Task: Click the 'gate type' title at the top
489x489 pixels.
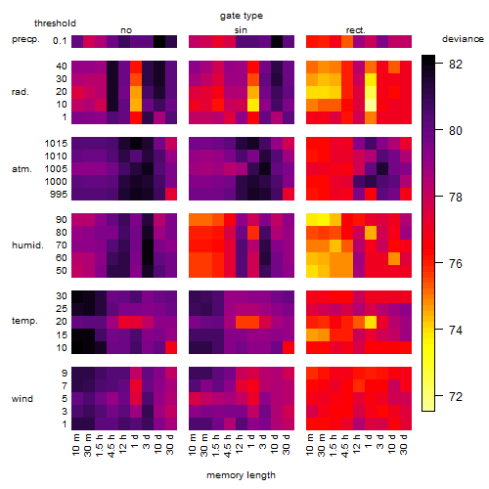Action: point(242,16)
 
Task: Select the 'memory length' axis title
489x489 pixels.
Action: point(241,475)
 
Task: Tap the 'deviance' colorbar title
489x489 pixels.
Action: point(463,39)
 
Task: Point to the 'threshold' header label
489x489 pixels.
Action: point(55,23)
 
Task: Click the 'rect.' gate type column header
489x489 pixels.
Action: point(356,30)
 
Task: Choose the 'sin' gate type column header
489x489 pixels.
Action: point(241,30)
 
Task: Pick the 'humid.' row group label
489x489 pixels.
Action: point(27,245)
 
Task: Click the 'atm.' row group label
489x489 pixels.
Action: point(22,169)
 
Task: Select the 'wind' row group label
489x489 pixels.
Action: point(22,399)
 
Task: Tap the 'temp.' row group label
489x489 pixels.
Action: point(24,321)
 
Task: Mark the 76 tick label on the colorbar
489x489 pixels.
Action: point(456,264)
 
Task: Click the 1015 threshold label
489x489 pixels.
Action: point(56,144)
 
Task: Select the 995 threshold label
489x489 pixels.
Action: point(59,195)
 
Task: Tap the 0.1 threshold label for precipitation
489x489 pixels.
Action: point(60,41)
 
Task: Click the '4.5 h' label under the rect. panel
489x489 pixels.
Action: point(344,445)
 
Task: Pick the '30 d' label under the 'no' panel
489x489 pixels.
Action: point(170,444)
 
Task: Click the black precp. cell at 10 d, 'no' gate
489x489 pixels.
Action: point(159,41)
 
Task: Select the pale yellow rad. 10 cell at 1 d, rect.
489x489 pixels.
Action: point(371,105)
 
